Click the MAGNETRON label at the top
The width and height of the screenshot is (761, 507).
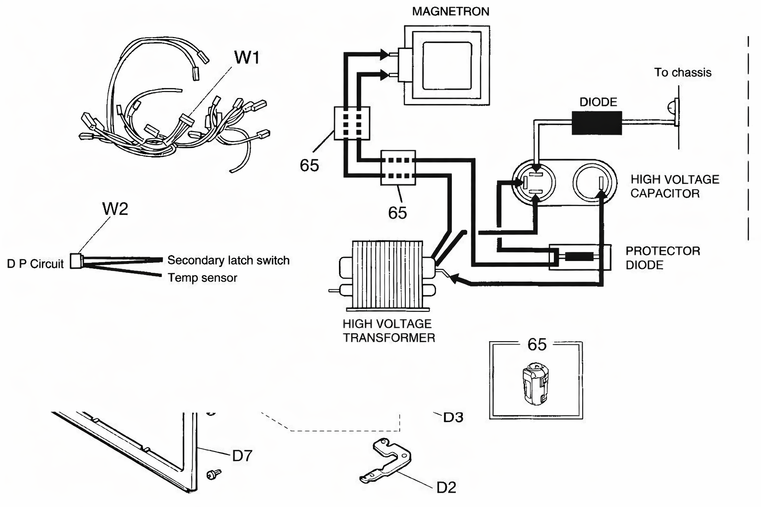pos(450,11)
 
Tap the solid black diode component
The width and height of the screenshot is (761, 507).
pos(597,123)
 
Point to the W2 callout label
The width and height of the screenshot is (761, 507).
pos(115,208)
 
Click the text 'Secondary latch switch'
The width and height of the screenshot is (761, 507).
pos(228,260)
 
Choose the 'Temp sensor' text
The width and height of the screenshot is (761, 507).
pos(203,278)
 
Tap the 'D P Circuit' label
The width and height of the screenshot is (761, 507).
pos(35,264)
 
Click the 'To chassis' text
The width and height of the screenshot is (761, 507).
pos(683,72)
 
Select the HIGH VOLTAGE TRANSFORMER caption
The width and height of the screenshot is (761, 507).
pos(388,331)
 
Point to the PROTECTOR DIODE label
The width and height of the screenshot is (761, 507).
pos(663,258)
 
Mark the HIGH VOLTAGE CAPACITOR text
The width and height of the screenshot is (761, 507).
pos(675,186)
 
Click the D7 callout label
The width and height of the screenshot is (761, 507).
pos(242,456)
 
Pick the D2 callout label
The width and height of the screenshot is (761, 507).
pos(446,488)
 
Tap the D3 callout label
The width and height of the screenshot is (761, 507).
pos(453,417)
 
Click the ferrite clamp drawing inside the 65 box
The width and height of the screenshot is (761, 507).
pos(536,384)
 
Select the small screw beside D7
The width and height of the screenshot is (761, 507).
pos(214,474)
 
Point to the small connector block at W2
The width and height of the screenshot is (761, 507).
pos(76,261)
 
